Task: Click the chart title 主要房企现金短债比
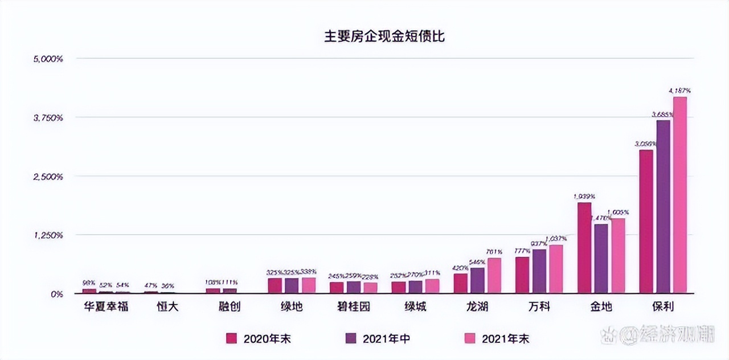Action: click(x=384, y=36)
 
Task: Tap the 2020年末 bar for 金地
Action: click(x=584, y=248)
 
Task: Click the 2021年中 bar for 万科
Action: click(x=539, y=271)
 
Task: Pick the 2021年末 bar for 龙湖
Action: click(x=494, y=276)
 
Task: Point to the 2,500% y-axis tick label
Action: click(x=48, y=177)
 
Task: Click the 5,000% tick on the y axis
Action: click(x=48, y=59)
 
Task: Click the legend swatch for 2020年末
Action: click(x=231, y=338)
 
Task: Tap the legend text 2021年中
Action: click(x=387, y=338)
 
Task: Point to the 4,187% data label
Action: click(x=679, y=90)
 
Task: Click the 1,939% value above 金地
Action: click(x=584, y=196)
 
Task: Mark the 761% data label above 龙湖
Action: click(x=494, y=252)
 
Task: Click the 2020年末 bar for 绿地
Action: click(x=275, y=285)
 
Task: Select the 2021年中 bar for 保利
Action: click(x=663, y=207)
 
